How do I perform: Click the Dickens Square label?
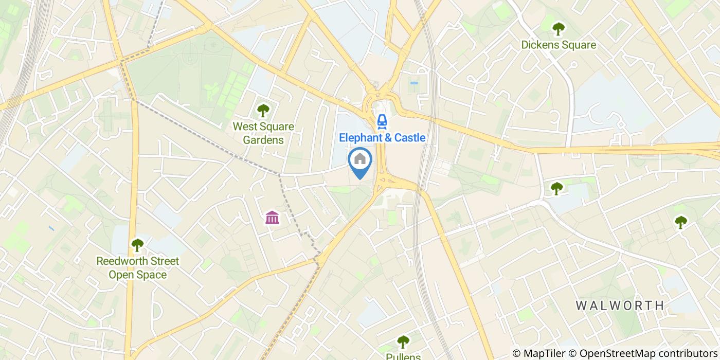(559, 45)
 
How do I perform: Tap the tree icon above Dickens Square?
(558, 28)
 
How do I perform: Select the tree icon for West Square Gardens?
(263, 110)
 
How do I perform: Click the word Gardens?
(263, 140)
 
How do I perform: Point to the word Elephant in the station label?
(359, 137)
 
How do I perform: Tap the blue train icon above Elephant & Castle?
(382, 121)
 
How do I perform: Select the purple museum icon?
(272, 218)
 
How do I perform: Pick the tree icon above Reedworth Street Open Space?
(137, 245)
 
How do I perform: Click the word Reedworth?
(122, 261)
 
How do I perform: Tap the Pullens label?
(404, 356)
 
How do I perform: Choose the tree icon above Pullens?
(403, 341)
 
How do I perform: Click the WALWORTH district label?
(620, 305)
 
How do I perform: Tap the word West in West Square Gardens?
(244, 127)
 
